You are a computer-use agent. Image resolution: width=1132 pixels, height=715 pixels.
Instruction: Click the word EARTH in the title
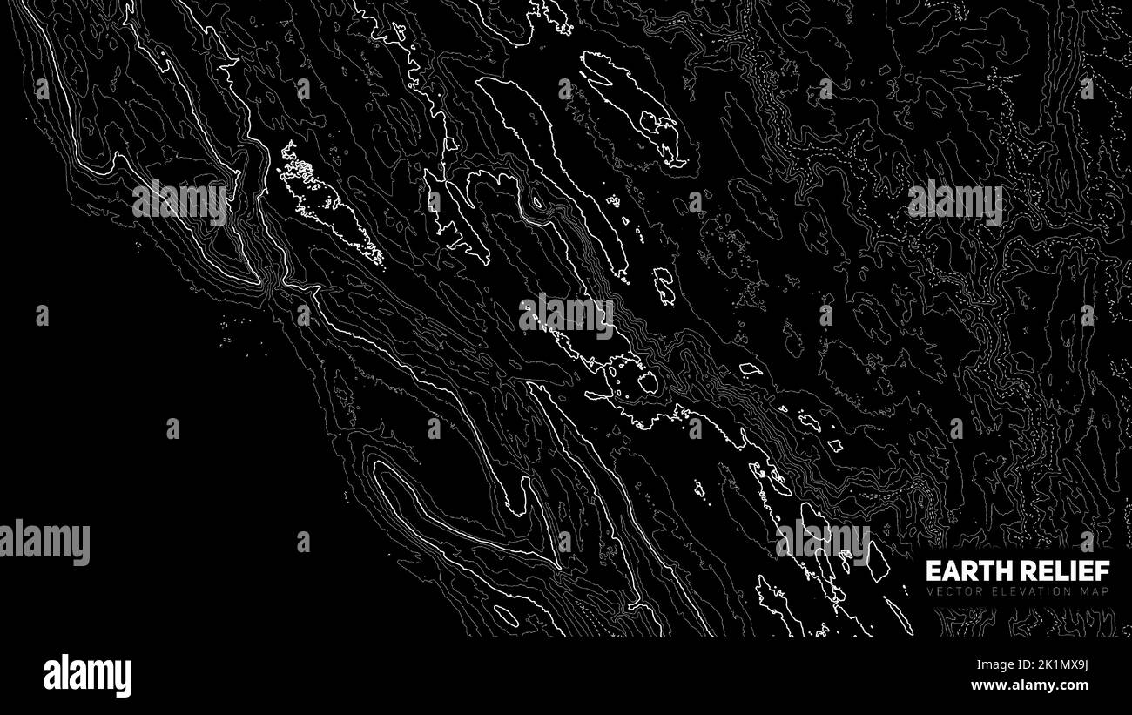tap(962, 571)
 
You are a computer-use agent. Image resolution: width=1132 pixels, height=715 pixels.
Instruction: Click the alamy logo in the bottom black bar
tap(87, 675)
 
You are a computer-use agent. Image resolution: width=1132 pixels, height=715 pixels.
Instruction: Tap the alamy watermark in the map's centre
tap(566, 316)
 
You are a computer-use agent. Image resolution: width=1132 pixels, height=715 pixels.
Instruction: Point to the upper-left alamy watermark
tap(179, 201)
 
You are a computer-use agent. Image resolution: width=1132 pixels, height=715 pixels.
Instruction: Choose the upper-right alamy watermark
tap(954, 201)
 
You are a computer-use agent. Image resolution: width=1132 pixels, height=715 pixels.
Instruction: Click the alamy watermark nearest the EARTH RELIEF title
tap(822, 541)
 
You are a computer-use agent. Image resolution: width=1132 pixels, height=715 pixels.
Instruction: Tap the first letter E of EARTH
tap(932, 571)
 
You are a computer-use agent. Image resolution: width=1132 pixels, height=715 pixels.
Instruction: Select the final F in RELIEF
tap(1104, 571)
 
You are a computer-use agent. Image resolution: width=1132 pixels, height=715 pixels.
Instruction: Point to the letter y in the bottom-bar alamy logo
tap(124, 678)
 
